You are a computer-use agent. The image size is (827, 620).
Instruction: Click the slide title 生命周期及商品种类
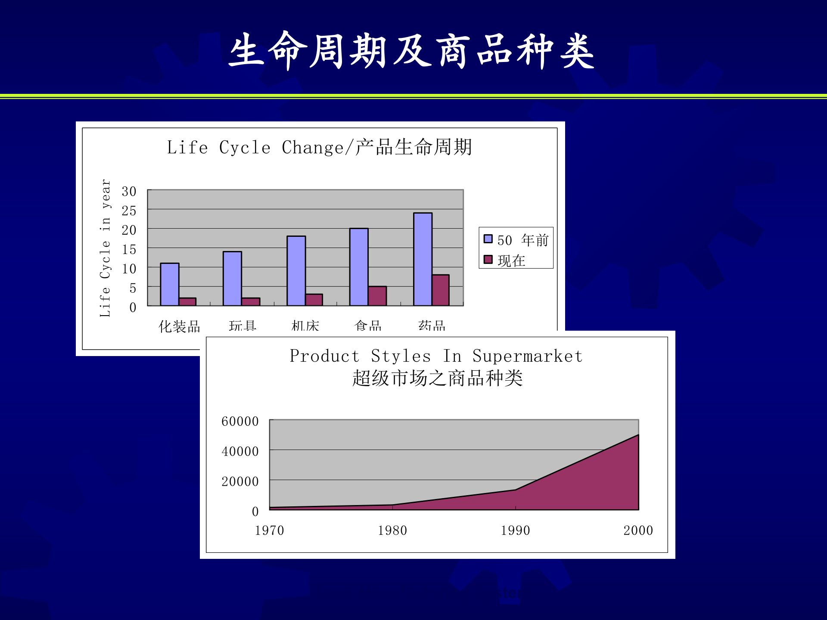coord(411,51)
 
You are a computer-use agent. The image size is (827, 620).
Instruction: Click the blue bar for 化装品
coord(169,284)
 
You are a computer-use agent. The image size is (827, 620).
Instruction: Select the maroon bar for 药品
coord(440,290)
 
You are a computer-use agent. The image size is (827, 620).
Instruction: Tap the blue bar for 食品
coord(359,267)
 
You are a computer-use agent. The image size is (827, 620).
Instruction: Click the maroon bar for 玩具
coord(251,301)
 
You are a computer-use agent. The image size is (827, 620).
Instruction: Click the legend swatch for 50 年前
coord(488,239)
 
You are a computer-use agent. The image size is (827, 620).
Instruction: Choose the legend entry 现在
coord(511,260)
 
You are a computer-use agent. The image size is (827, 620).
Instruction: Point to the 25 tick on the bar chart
coord(129,211)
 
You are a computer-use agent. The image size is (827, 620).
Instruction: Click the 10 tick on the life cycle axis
coord(129,269)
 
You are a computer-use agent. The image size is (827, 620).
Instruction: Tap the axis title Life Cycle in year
coord(105,248)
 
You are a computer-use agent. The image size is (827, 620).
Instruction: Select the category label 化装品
coord(179,326)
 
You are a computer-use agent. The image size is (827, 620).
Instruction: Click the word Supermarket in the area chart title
coord(527,356)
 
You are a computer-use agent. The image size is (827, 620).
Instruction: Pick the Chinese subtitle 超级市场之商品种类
coord(437,378)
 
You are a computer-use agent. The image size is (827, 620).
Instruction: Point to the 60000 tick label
coord(240,421)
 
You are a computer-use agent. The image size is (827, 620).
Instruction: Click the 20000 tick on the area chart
coord(240,481)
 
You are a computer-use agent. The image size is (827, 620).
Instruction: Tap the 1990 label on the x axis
coord(515,530)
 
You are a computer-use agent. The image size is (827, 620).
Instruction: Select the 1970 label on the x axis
coord(269,530)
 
